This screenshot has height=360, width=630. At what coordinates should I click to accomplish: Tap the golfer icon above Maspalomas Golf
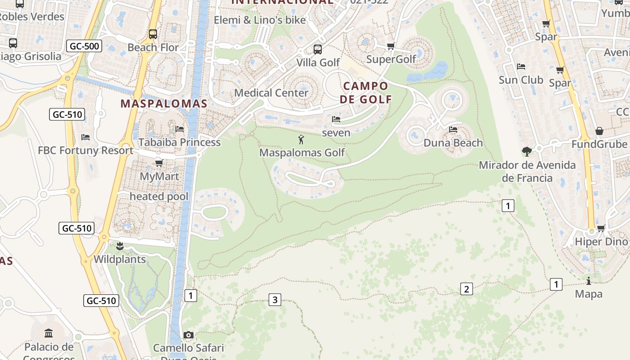click(x=301, y=139)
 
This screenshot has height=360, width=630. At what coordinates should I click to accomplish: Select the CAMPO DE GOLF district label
click(x=365, y=92)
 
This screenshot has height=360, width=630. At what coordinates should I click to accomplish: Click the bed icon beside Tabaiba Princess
click(x=180, y=129)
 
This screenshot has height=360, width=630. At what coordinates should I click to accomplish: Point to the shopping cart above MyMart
click(x=159, y=163)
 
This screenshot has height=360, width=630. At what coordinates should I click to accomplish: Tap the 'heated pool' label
click(x=159, y=196)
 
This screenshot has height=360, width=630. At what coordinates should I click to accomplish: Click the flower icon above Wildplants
click(x=120, y=246)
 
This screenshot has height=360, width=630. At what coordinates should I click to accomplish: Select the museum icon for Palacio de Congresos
click(x=49, y=333)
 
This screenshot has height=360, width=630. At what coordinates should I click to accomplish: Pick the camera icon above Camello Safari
click(x=189, y=335)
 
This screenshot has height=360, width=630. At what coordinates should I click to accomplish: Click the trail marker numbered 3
click(x=275, y=299)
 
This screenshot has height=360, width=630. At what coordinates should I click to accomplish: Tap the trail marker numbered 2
click(x=466, y=289)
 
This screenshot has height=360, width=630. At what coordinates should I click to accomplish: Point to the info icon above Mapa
click(x=589, y=281)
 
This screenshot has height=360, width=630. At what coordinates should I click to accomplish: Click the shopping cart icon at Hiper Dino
click(x=601, y=228)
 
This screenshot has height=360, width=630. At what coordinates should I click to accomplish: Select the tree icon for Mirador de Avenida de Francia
click(x=527, y=151)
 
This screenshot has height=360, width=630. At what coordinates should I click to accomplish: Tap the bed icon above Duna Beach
click(x=453, y=130)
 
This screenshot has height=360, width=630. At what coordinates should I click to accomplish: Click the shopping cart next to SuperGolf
click(x=391, y=46)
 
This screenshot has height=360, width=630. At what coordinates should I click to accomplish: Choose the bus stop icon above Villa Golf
click(x=318, y=49)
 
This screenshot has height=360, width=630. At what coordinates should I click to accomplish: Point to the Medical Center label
click(x=271, y=93)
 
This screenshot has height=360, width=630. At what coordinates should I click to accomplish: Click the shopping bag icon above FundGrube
click(x=599, y=131)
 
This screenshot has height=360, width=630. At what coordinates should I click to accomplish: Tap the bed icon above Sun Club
click(x=521, y=67)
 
